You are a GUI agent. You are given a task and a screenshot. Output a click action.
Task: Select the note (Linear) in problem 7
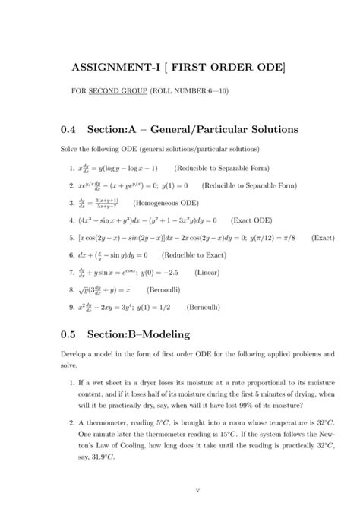coord(207,272)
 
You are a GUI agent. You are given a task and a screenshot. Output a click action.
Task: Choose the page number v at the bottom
coord(197,490)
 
